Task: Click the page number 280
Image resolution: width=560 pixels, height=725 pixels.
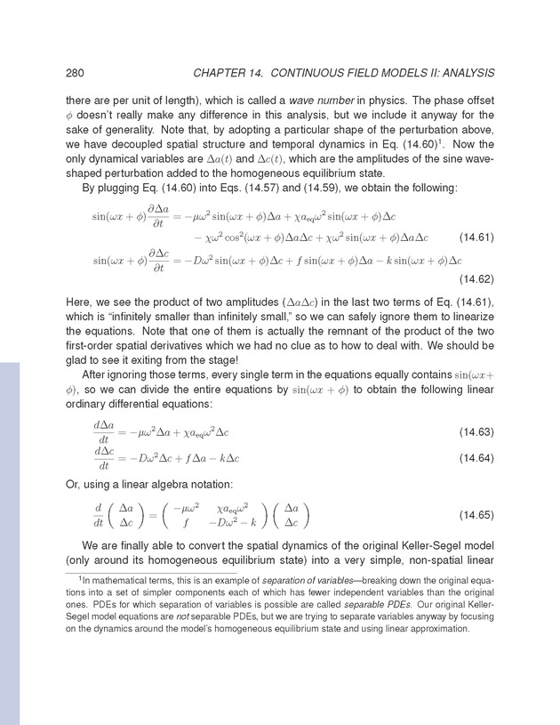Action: point(76,72)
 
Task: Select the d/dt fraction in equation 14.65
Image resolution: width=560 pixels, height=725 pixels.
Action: point(98,517)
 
